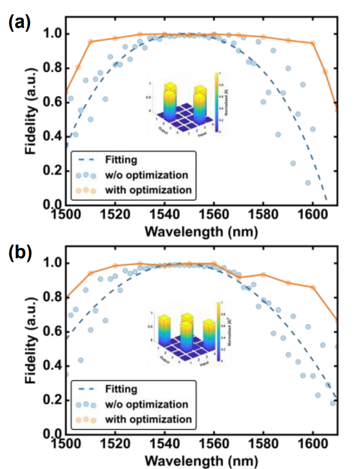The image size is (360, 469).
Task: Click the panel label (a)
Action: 19,23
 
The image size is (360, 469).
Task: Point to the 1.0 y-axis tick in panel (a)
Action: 51,34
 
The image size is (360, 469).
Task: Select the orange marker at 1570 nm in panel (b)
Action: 239,278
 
